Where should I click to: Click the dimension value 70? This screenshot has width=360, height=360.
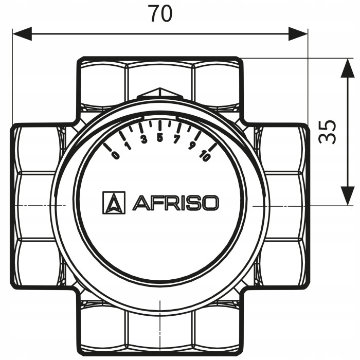point(160,14)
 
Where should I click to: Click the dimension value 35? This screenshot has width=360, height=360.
point(328,132)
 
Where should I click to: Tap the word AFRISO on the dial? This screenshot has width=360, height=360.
point(175,203)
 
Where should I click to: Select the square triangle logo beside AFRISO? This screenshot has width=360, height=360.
point(114,203)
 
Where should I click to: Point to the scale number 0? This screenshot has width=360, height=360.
point(115,155)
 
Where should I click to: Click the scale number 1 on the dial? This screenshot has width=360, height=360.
point(128,146)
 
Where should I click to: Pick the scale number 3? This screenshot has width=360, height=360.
point(143,139)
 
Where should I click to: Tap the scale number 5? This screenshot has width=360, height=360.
point(160,137)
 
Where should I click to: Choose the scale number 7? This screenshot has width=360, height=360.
point(176,139)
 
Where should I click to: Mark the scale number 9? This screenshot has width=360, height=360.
point(192,146)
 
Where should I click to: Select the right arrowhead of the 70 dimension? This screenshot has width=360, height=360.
point(298,34)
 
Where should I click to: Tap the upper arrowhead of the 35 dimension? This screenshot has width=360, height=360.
point(347,67)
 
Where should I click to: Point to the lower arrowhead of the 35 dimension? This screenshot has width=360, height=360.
point(347,196)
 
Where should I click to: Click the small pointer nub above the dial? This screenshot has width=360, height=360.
point(160,93)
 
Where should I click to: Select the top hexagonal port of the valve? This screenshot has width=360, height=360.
point(160,77)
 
